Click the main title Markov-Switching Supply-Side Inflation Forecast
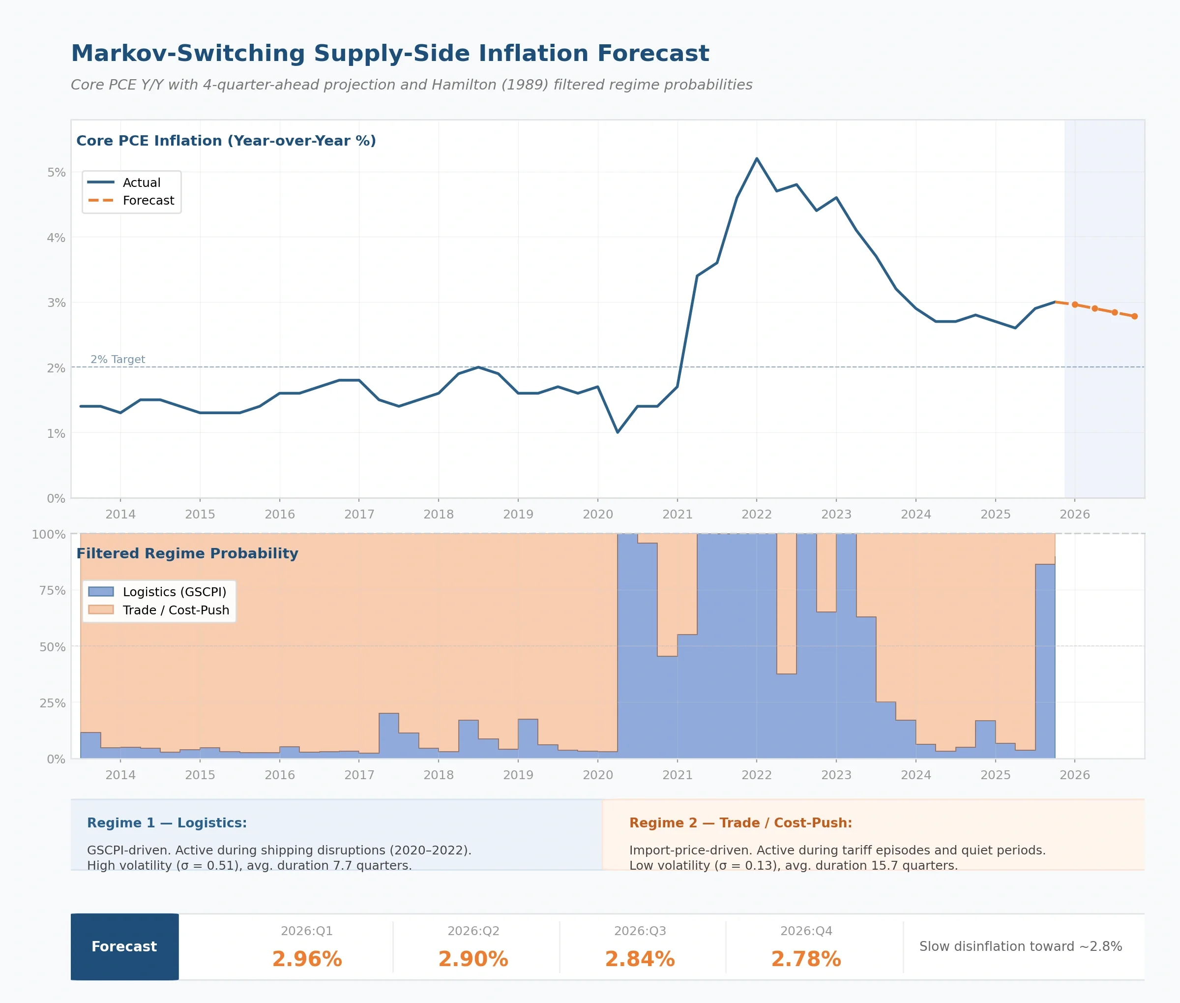pos(390,54)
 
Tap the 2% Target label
pos(118,360)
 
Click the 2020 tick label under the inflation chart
pos(597,514)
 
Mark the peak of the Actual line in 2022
pos(757,158)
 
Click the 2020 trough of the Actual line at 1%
pos(618,432)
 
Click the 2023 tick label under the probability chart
pos(836,775)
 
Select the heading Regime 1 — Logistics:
pos(167,823)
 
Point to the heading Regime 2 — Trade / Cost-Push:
pos(740,823)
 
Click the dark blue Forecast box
pos(124,947)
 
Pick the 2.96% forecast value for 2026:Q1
pos(307,959)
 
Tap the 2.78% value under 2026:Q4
pos(806,959)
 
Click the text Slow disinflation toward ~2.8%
pos(1020,947)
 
